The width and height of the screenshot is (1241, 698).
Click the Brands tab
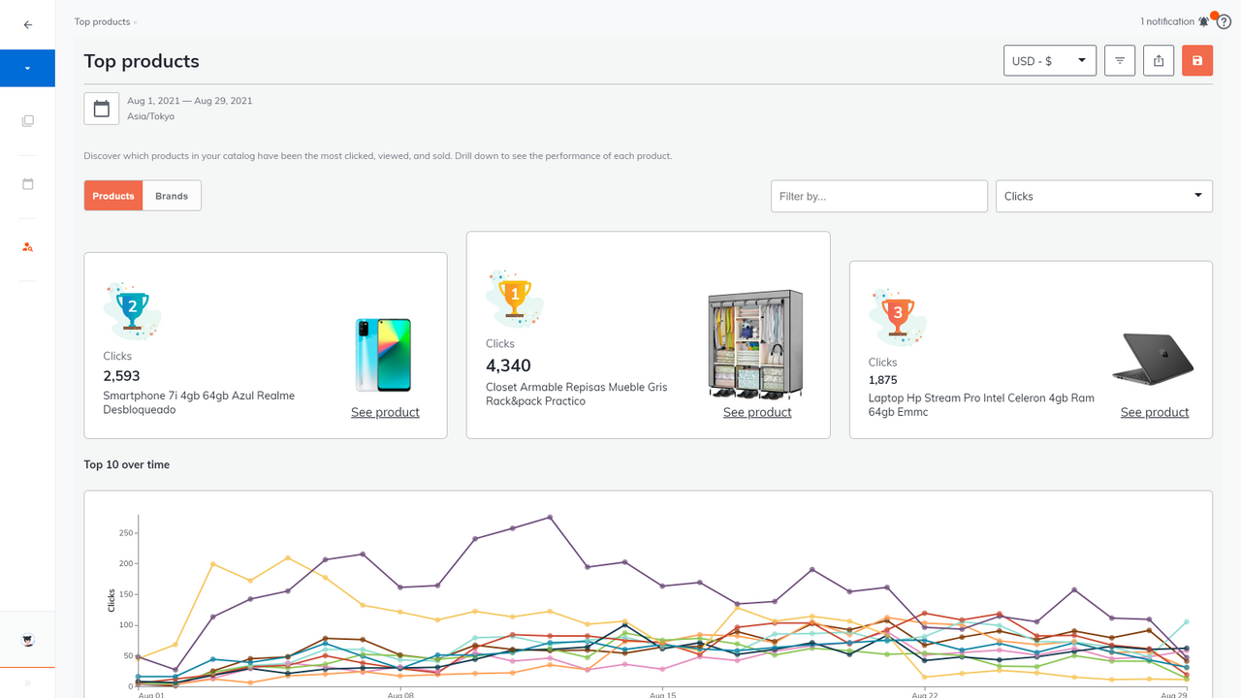(172, 196)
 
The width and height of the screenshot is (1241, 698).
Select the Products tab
(113, 196)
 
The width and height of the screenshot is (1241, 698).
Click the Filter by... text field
(878, 196)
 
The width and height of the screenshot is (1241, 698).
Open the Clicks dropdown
(1103, 196)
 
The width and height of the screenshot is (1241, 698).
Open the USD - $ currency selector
(1049, 61)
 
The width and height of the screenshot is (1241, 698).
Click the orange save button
(1197, 61)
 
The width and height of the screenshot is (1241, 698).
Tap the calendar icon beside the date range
(102, 109)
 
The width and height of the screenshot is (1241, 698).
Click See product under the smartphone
(385, 412)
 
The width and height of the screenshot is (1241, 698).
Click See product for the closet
(757, 412)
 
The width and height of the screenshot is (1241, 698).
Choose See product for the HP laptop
(1154, 412)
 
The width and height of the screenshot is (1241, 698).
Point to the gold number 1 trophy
(515, 295)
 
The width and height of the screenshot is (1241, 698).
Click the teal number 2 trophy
(132, 309)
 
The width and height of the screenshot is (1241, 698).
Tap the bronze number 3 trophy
(898, 315)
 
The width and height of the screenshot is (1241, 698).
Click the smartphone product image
(384, 355)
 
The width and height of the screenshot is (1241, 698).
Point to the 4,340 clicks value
(508, 365)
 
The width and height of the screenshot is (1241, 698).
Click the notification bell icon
(1203, 21)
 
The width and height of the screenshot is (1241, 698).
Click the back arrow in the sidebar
(28, 25)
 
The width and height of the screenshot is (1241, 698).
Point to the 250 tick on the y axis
(125, 532)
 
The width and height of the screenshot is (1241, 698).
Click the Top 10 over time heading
(127, 464)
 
